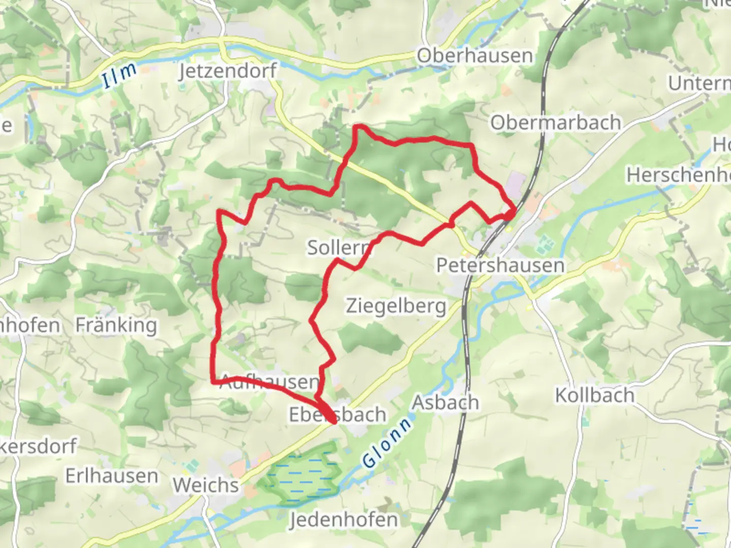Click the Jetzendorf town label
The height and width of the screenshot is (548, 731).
tap(228, 71)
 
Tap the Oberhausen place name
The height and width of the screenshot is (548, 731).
tap(475, 56)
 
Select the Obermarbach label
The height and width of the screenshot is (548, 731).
tap(555, 123)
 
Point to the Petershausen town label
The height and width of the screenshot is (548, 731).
tap(500, 265)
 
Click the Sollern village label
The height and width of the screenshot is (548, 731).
tap(339, 248)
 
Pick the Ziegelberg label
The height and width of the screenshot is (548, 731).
tap(396, 306)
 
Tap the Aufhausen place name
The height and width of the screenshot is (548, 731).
tap(270, 382)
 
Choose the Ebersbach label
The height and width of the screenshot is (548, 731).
tap(338, 415)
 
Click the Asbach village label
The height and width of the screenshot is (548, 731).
tap(445, 402)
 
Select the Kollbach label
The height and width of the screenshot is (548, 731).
tap(594, 395)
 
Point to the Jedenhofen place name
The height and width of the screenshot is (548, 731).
tap(344, 520)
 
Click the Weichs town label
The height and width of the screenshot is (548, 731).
tap(206, 485)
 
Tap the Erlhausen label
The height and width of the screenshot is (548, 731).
tap(112, 476)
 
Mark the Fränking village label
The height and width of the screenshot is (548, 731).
tap(116, 325)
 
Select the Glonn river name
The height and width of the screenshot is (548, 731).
tap(387, 443)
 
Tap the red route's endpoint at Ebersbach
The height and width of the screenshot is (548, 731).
tap(334, 421)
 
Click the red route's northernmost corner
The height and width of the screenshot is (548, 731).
tap(357, 126)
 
